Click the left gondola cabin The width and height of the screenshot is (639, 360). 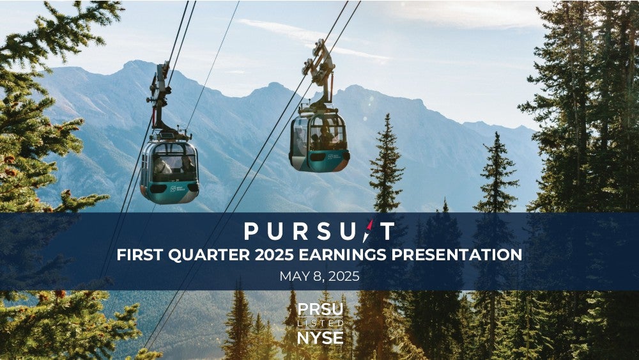169,171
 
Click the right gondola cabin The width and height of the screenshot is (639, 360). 319,142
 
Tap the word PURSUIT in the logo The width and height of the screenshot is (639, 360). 319,231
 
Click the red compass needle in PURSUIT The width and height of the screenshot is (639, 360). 369,231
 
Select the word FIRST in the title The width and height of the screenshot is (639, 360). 140,254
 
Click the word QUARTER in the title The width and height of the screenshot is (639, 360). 209,254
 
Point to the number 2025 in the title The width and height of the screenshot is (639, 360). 274,254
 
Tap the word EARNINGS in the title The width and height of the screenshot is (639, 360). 343,254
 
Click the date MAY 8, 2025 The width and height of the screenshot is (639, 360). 319,276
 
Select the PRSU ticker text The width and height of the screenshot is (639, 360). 320,310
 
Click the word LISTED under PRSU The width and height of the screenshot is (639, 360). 320,324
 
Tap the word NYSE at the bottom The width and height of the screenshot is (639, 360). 320,338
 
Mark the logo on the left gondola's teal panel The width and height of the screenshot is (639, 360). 178,189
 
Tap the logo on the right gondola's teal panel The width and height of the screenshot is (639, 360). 333,157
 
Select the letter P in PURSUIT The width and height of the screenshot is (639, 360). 250,231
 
